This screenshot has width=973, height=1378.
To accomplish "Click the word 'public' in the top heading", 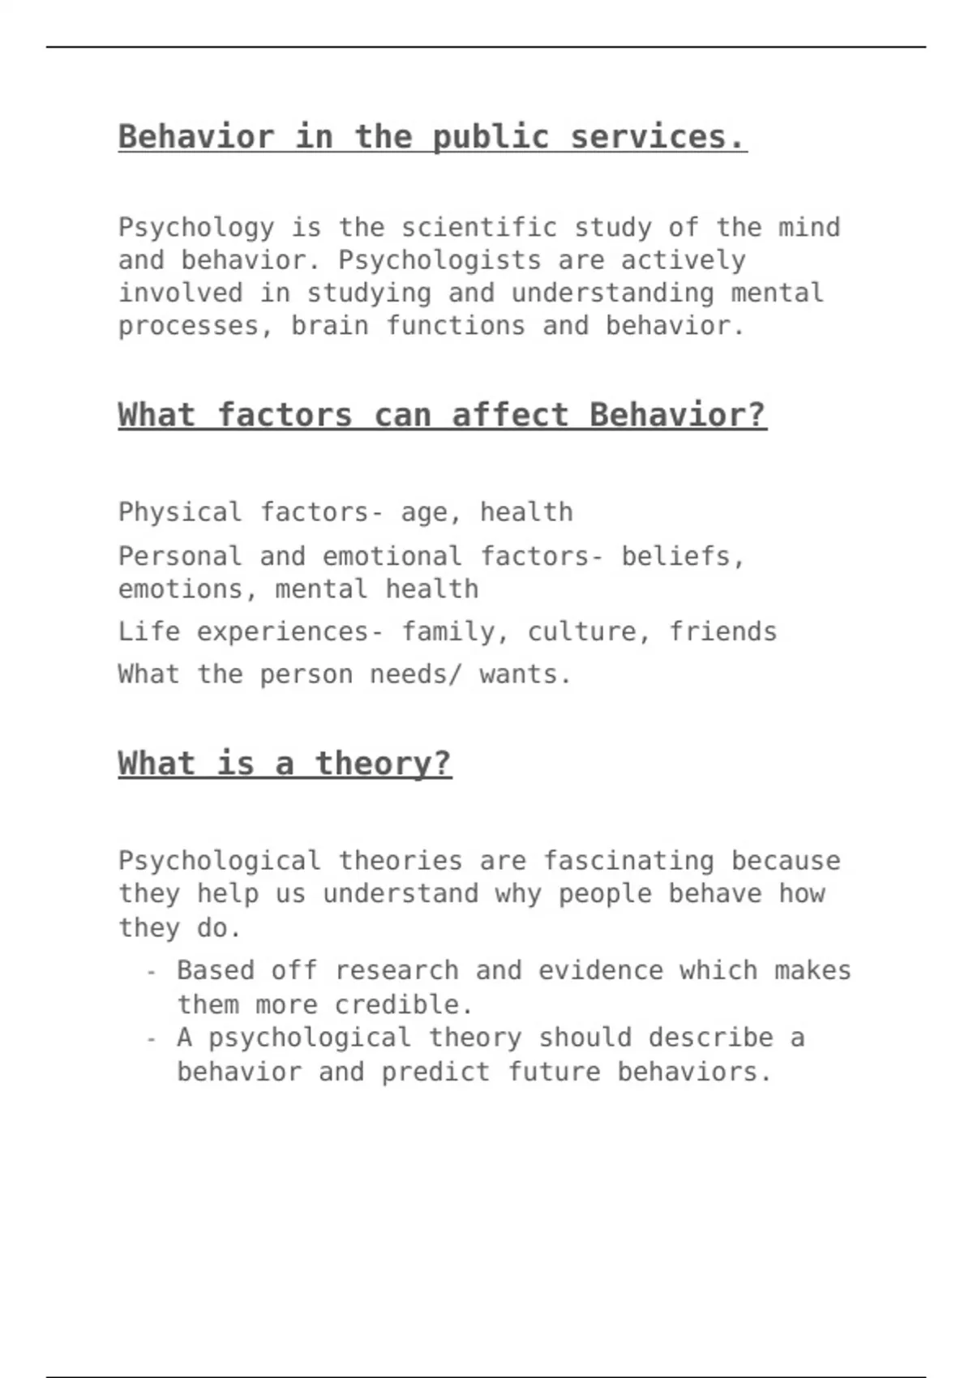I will tap(491, 137).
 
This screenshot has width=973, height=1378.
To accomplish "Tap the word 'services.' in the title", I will tap(658, 137).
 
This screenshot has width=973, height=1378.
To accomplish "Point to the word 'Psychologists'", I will tap(439, 260).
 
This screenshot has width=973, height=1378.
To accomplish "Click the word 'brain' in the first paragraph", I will tap(330, 326).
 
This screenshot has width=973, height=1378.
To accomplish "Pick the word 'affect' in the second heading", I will tap(510, 415).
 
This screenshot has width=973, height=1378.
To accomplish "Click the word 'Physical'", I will tap(180, 512).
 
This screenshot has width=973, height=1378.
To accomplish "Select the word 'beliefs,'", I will tap(683, 556).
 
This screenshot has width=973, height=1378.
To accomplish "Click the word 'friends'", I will tap(722, 631).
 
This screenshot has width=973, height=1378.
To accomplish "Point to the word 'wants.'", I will tap(526, 674).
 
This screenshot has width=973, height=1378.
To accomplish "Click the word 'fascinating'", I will tap(628, 861).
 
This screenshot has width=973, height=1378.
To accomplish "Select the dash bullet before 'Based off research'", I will tap(151, 971).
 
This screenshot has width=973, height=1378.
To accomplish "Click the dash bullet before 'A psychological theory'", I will tap(151, 1038).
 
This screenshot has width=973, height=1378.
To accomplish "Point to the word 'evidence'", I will tap(601, 970).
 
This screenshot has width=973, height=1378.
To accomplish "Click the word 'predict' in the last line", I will tap(435, 1072).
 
